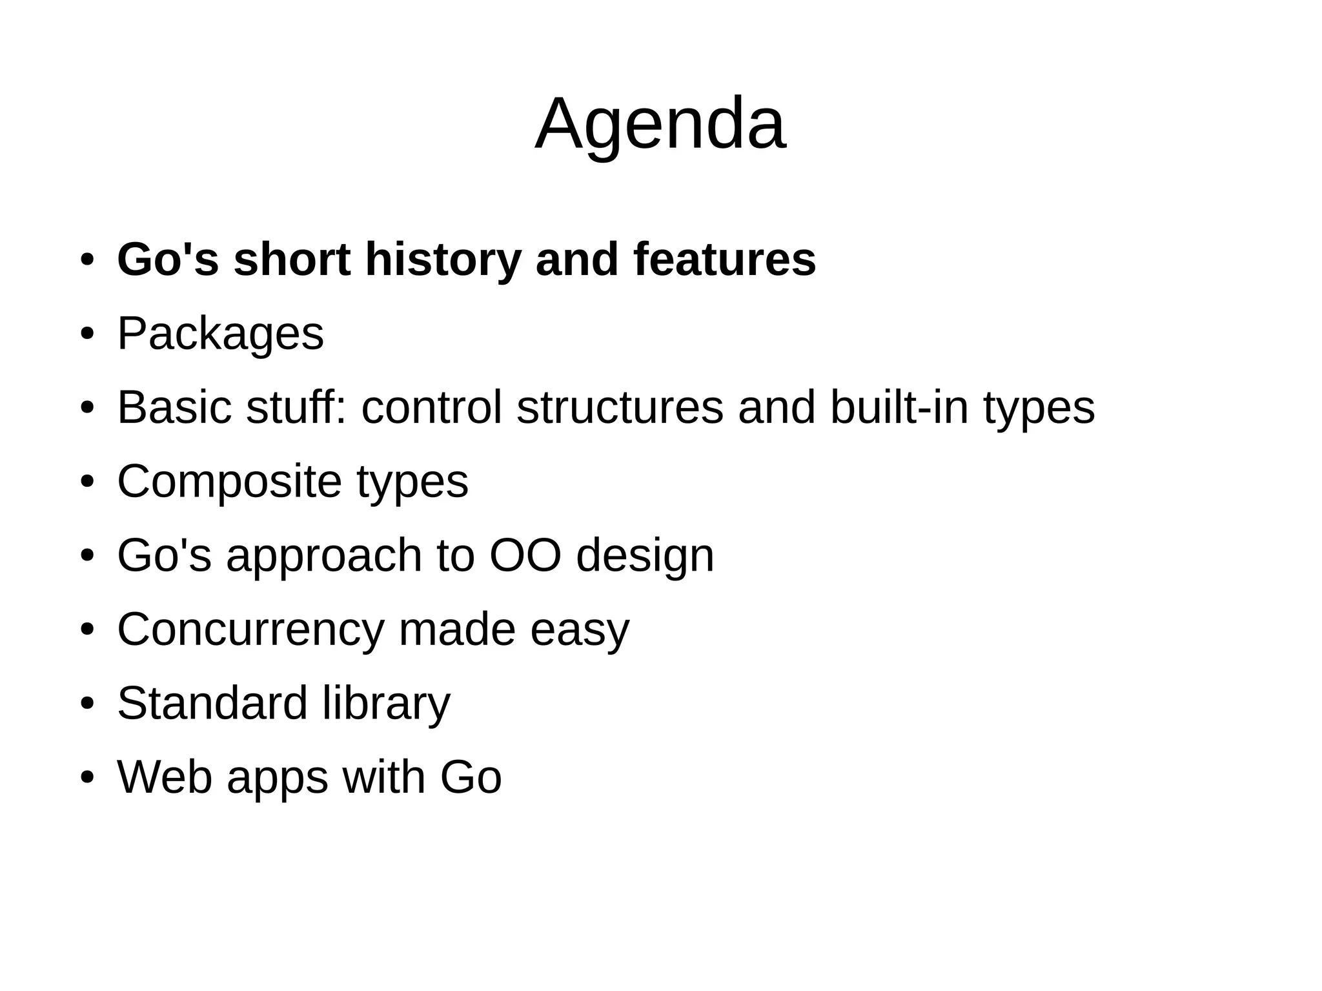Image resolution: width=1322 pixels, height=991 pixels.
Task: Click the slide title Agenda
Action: [660, 125]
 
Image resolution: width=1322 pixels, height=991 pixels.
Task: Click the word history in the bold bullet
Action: [443, 260]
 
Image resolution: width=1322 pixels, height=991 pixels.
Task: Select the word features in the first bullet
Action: [724, 260]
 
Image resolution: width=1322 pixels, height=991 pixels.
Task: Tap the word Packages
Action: [220, 334]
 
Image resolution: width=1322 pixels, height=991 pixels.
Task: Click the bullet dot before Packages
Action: [87, 334]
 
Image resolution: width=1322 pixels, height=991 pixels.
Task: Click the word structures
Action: [620, 407]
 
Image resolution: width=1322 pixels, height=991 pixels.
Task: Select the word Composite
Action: [229, 482]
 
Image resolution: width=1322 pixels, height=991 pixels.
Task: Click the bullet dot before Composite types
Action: [87, 482]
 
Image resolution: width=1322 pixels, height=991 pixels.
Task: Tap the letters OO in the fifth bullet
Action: [525, 555]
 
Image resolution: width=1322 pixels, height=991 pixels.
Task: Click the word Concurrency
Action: [250, 629]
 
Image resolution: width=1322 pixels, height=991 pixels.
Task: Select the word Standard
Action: [212, 703]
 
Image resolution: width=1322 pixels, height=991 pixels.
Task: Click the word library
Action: [386, 704]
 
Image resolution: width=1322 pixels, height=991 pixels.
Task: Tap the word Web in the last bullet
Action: [165, 777]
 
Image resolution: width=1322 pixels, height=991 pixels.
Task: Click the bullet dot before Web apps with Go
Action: [87, 777]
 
